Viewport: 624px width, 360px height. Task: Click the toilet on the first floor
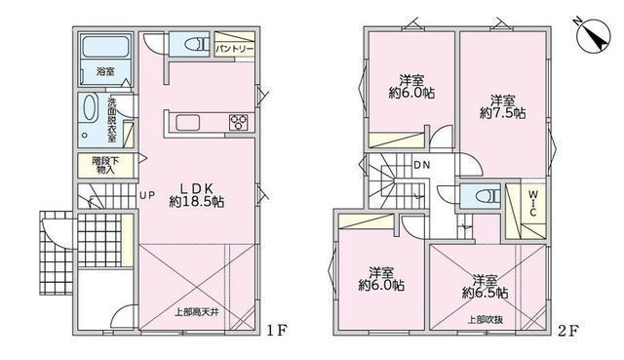tap(190, 43)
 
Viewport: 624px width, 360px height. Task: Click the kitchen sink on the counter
tap(187, 122)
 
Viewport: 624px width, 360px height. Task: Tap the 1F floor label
tap(278, 330)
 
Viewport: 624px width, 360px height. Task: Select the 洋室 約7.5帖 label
tap(503, 105)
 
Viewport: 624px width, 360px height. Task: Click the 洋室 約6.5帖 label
tap(486, 284)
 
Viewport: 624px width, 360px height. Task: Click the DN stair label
tap(421, 165)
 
